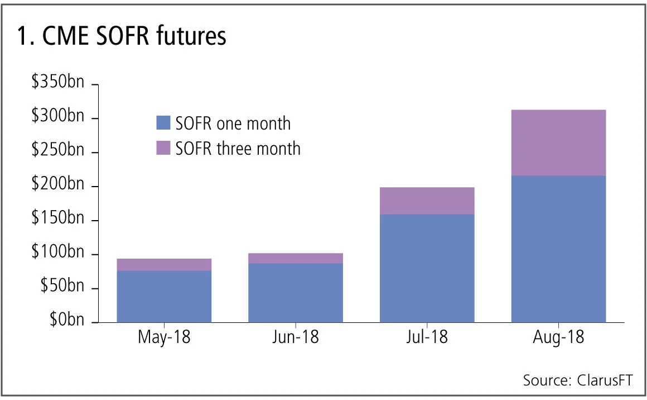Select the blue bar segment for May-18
coord(164,297)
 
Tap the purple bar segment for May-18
coord(164,265)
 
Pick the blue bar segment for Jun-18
coord(296,293)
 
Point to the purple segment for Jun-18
coord(296,258)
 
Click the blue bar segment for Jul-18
coord(427,268)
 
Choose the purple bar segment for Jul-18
coord(427,201)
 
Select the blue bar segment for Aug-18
coord(558,249)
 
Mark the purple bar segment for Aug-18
coord(558,142)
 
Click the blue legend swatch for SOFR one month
coord(163,123)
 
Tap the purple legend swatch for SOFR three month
coord(163,148)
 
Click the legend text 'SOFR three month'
coord(238,149)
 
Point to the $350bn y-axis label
coord(58,83)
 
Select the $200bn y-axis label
coord(58,185)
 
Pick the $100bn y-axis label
coord(58,254)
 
